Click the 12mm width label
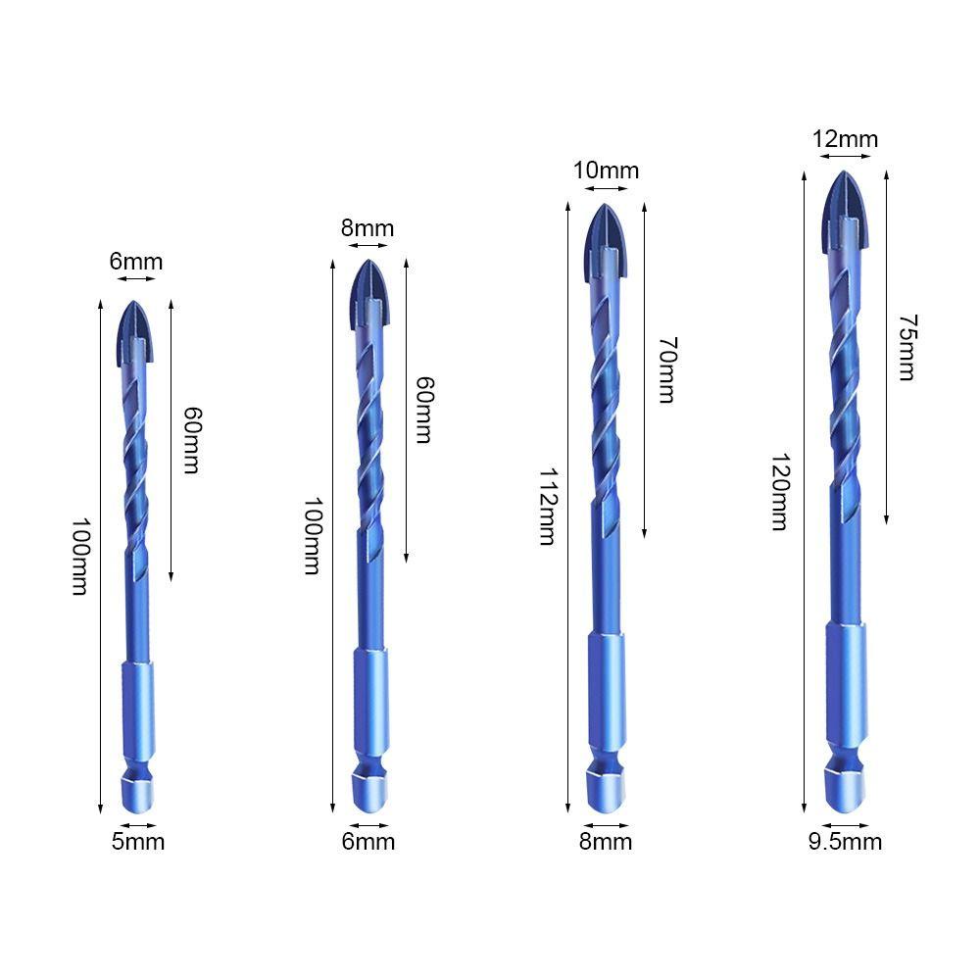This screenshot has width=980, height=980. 845,139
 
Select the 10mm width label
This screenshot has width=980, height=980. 606,170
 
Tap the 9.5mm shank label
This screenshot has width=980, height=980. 845,841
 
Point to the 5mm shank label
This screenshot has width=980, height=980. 138,841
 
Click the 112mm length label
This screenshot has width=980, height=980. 547,507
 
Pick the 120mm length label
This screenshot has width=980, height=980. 781,492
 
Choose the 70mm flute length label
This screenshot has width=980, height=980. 666,370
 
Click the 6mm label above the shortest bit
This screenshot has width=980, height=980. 136,262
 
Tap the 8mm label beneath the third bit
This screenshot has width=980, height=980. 606,841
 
